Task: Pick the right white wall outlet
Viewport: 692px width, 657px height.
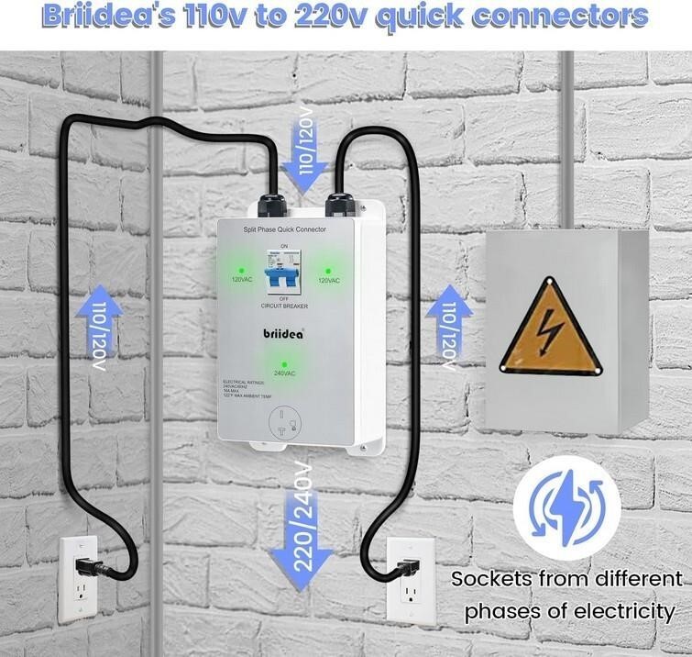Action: pyautogui.click(x=406, y=575)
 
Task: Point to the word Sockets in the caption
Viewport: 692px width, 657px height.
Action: pyautogui.click(x=490, y=578)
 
